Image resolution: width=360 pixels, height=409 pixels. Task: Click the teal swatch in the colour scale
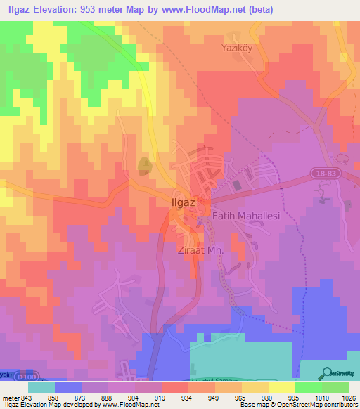pos(41,387)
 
